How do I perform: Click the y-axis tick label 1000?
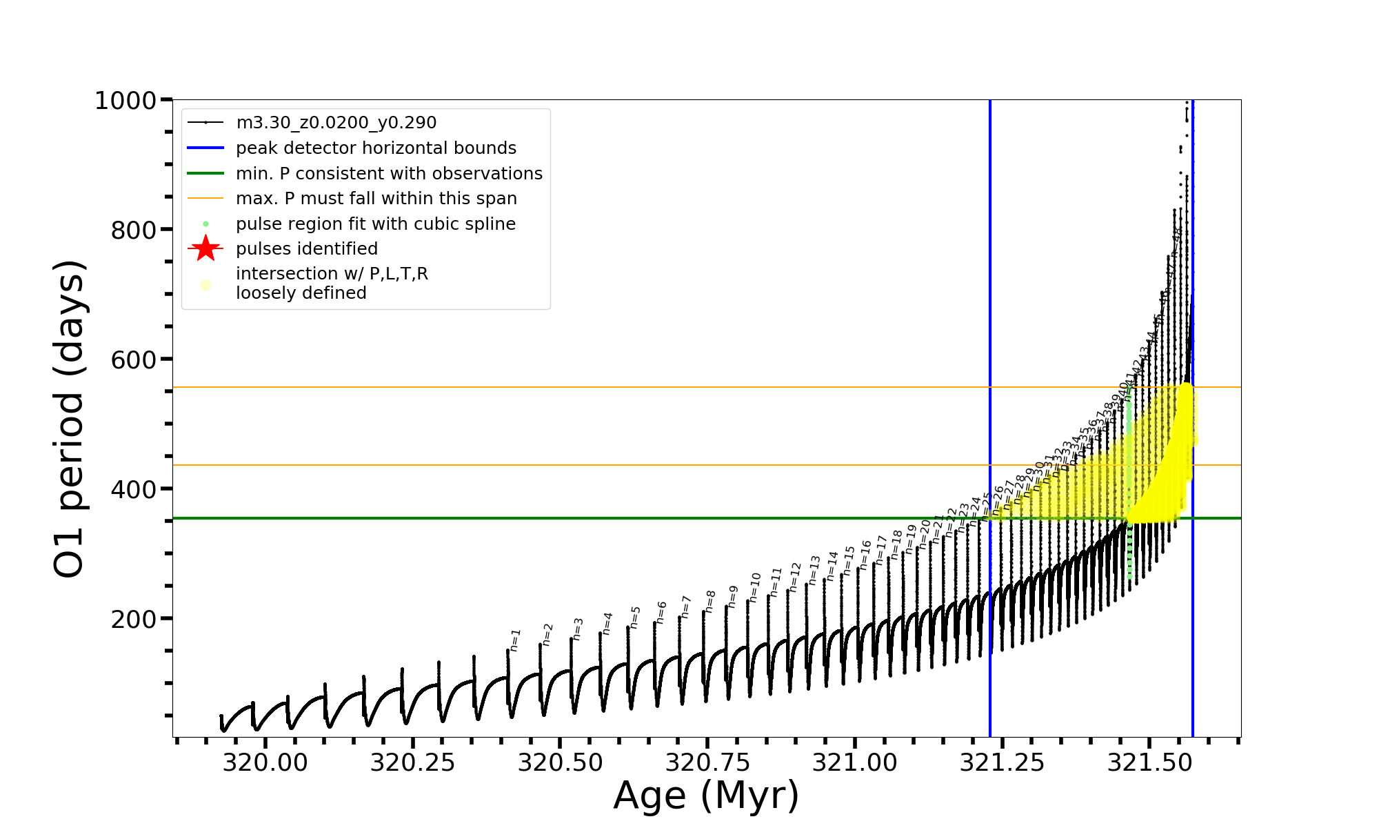click(125, 101)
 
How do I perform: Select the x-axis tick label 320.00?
click(265, 762)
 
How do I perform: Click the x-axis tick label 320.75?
click(707, 762)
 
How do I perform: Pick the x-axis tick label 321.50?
click(1149, 762)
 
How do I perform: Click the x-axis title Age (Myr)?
click(706, 796)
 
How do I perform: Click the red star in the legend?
click(205, 249)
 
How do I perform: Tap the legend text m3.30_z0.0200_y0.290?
click(336, 123)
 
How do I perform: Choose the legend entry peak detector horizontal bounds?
click(376, 148)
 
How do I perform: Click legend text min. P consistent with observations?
click(389, 174)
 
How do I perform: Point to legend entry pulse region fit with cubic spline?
click(375, 224)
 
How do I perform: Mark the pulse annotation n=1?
click(515, 640)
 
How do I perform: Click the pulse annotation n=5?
click(635, 617)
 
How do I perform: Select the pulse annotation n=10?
click(755, 586)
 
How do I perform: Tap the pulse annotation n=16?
click(865, 555)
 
